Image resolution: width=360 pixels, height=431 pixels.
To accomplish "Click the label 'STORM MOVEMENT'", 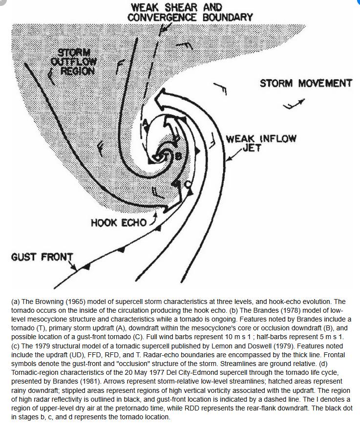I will point(306,83).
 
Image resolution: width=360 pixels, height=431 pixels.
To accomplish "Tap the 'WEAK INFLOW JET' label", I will point(261,142).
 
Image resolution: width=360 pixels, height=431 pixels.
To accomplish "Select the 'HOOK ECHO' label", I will point(119,223).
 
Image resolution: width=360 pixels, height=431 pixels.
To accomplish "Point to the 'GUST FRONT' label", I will point(42,257).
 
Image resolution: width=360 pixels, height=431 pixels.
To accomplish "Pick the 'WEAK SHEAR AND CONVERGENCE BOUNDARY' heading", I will point(190,12).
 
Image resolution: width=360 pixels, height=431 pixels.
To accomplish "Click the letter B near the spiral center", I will point(178,156).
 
